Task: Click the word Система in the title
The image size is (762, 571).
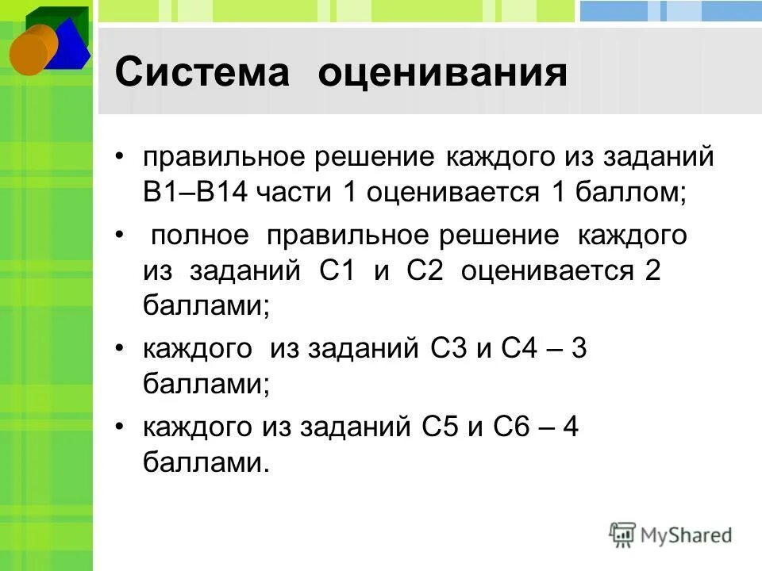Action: [x=203, y=74]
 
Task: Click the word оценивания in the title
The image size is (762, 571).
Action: [x=443, y=74]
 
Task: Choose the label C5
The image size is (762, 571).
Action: [x=440, y=428]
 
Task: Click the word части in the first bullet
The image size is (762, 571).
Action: [x=298, y=194]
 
